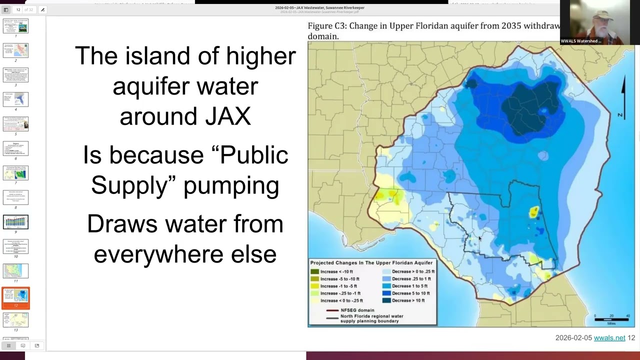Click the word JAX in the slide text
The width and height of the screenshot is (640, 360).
tap(227, 116)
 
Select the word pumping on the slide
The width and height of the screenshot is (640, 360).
tap(231, 185)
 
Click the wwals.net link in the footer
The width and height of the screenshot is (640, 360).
tap(609, 338)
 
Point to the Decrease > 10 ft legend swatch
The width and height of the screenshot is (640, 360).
tap(386, 300)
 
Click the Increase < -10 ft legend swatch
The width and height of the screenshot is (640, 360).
tap(315, 271)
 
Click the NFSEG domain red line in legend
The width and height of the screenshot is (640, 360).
tap(332, 310)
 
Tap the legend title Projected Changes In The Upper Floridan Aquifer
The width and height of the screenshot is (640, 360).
tap(371, 263)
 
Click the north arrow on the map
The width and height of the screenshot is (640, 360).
tap(623, 95)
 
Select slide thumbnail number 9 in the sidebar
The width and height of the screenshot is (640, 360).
tap(15, 222)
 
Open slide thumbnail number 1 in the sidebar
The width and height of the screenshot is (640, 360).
tap(15, 26)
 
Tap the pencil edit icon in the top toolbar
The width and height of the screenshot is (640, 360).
tap(42, 9)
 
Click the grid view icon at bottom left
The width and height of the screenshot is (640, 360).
tap(8, 345)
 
